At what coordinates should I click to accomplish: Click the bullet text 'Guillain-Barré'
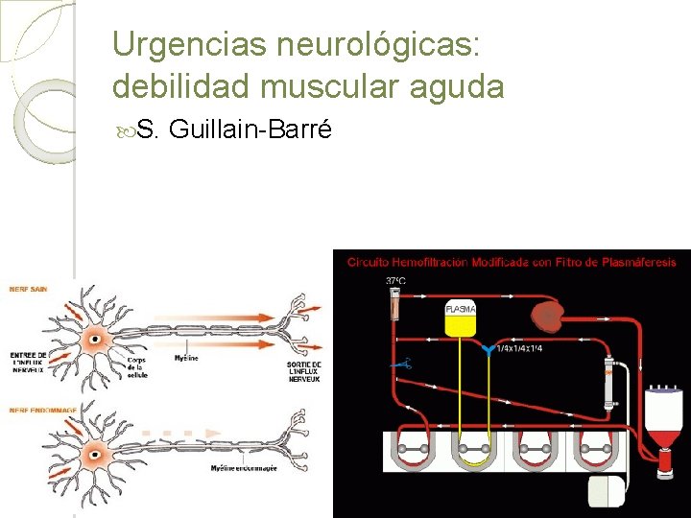pos(250,129)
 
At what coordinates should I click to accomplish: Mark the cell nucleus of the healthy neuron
pos(96,339)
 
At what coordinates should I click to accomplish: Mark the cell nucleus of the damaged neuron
pos(96,450)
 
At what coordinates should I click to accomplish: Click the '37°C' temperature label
pos(394,281)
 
